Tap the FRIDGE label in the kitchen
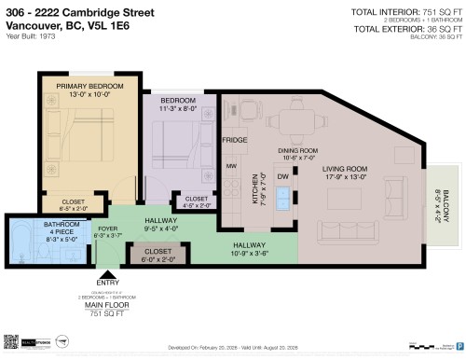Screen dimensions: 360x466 click(x=234, y=141)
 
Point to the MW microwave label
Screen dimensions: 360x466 click(x=229, y=168)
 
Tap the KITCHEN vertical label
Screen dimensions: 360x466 click(x=253, y=187)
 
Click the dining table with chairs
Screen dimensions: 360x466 click(x=297, y=118)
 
